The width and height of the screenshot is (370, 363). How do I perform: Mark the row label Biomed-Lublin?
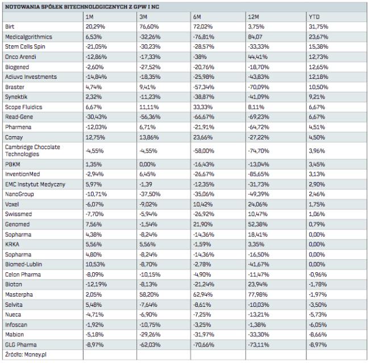tap(23, 264)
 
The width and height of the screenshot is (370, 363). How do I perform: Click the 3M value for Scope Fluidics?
tap(147, 106)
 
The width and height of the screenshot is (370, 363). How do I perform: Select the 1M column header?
tap(89, 17)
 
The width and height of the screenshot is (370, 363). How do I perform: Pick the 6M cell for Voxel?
tap(201, 204)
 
